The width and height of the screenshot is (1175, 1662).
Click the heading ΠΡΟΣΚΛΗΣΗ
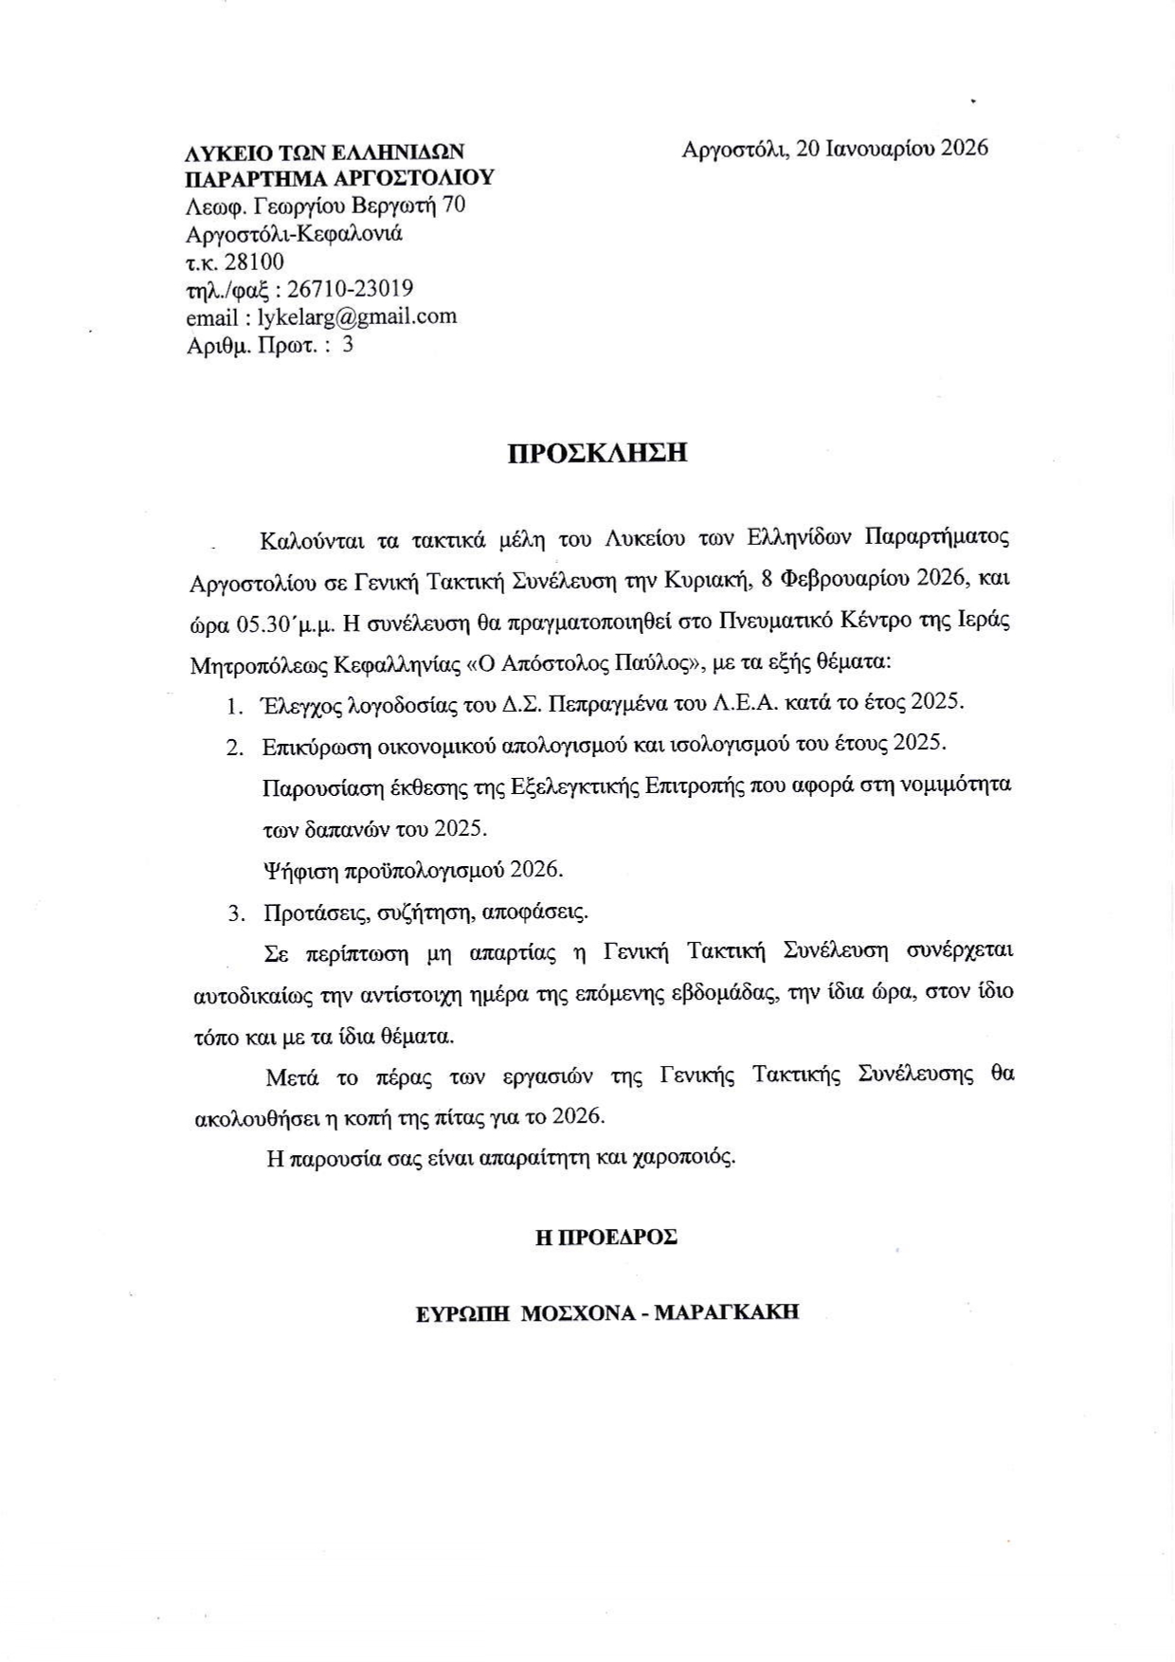point(597,453)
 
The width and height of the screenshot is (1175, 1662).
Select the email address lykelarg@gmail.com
point(357,316)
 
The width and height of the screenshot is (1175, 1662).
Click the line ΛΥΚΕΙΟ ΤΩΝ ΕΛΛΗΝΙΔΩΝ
point(325,152)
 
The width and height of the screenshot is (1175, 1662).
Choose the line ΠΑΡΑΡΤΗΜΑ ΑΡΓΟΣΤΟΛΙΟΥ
point(339,178)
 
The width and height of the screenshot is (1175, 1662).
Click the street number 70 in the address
point(454,206)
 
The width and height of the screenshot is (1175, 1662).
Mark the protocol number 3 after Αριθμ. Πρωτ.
point(348,344)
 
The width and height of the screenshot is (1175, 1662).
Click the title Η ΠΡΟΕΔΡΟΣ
point(606,1237)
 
